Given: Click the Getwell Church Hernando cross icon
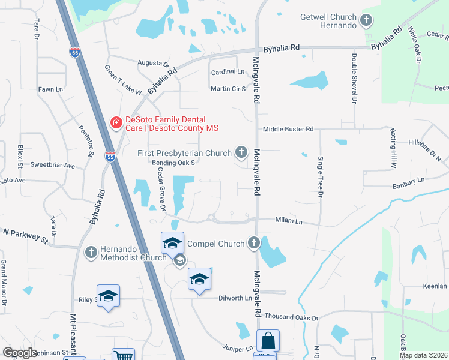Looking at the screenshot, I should (x=366, y=22).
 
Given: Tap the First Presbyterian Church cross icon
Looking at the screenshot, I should (x=241, y=152).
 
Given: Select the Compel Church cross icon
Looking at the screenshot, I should (x=254, y=243).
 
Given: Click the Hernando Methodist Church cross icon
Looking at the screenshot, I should (x=91, y=252).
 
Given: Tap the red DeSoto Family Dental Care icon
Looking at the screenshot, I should (x=115, y=123).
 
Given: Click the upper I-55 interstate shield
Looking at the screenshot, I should (x=75, y=52).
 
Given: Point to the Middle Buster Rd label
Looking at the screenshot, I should (x=288, y=129).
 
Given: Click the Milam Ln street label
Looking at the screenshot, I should (x=289, y=220).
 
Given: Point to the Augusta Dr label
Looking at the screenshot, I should (x=154, y=63).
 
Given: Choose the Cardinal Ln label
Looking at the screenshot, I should (x=228, y=72).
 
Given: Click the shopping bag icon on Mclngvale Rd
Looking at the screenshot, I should (x=268, y=341).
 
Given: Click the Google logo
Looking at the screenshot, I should (x=20, y=353).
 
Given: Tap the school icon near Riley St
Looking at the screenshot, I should (x=109, y=296).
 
